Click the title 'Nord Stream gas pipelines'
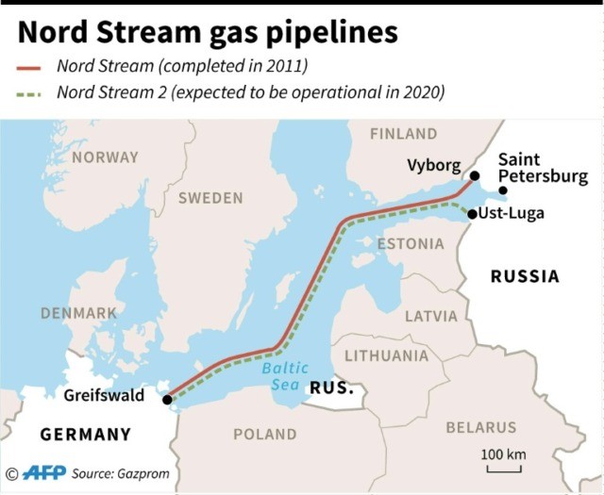(208, 32)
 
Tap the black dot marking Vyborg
(475, 176)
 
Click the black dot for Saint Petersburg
(503, 190)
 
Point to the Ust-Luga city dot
(472, 214)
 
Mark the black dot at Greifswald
(167, 400)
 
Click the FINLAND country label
(403, 134)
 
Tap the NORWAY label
(105, 157)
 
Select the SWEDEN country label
(210, 198)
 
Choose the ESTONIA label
(410, 244)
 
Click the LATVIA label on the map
(430, 316)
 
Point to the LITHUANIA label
(386, 355)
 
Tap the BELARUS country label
(481, 428)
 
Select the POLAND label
(264, 434)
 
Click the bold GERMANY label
(85, 435)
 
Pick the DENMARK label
(78, 312)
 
